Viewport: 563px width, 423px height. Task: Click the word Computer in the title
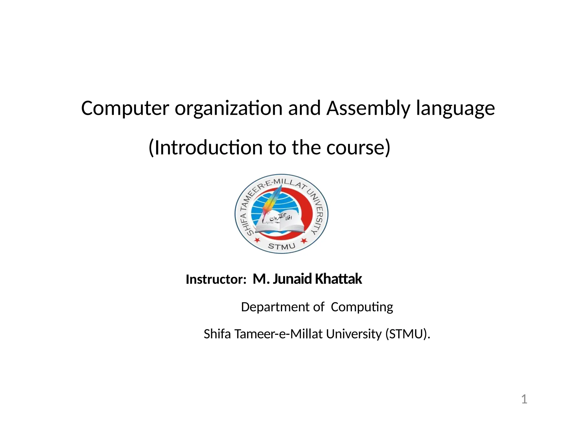[125, 108]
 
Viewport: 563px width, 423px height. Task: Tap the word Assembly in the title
[368, 108]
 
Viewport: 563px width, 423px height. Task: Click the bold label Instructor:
[216, 279]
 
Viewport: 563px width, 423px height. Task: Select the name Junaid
[292, 279]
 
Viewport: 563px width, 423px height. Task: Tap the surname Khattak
[338, 279]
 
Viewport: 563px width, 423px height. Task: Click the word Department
[275, 307]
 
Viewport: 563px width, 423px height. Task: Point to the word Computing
[362, 307]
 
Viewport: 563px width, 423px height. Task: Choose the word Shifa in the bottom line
[217, 334]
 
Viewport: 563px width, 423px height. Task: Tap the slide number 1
[524, 399]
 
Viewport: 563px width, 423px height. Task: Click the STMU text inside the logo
[281, 246]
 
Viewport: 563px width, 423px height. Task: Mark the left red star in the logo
[257, 240]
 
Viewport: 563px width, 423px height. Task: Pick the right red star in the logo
[304, 241]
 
